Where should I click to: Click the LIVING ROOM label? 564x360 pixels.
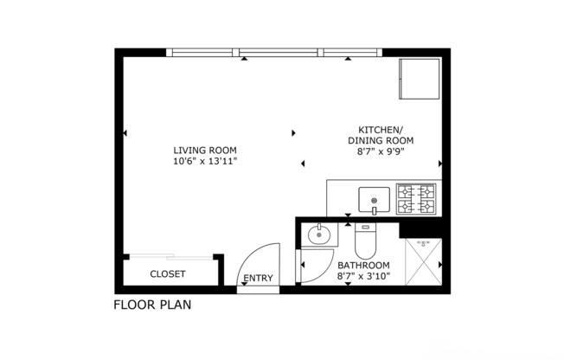click(204, 150)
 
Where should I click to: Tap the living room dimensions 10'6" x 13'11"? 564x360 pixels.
click(204, 161)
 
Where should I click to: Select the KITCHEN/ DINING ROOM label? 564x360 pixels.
click(381, 134)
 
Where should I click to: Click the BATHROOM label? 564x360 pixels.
click(363, 265)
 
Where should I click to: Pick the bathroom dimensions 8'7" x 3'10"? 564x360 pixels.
click(363, 277)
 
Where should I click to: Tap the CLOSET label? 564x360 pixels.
click(168, 273)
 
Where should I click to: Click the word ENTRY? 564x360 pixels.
click(258, 279)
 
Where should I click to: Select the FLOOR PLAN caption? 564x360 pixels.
click(152, 305)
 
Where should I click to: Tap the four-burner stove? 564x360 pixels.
click(415, 199)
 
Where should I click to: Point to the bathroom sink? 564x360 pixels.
click(319, 235)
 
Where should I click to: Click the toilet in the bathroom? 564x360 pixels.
click(366, 239)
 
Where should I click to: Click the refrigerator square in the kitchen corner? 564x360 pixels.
click(419, 79)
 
